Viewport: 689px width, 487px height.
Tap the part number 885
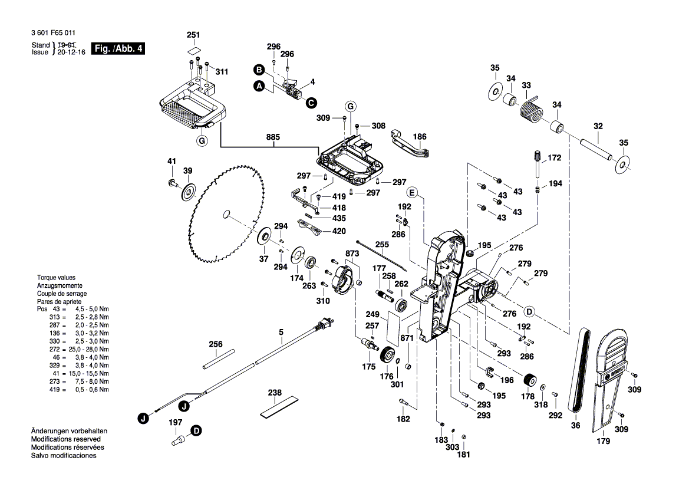(x=272, y=137)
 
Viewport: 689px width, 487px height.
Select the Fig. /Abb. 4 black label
(x=118, y=48)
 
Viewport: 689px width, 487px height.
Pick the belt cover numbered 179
(x=609, y=377)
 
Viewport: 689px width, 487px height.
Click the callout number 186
(x=419, y=136)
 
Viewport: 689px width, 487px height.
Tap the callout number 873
(x=352, y=253)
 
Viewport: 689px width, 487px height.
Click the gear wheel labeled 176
(x=387, y=356)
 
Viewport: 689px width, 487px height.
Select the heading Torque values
(x=56, y=277)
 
